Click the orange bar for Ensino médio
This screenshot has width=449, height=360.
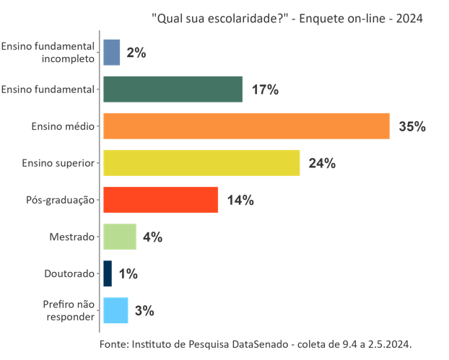tap(246, 126)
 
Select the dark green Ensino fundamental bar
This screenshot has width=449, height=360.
tap(173, 89)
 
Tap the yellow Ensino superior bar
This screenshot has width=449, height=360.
tap(201, 163)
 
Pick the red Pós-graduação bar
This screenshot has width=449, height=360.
tap(160, 200)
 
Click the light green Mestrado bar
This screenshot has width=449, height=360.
tap(120, 237)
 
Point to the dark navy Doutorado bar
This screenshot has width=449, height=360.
tap(108, 273)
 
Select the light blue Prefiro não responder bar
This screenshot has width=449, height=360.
tap(115, 310)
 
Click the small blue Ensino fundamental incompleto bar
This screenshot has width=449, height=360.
tap(111, 53)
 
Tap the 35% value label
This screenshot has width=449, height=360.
tap(412, 127)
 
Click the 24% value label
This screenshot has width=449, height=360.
tap(322, 164)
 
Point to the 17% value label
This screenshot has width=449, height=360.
tap(265, 90)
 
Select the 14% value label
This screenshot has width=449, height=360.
tap(240, 201)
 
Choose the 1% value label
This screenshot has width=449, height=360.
tap(128, 274)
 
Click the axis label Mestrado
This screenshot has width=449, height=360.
tap(72, 237)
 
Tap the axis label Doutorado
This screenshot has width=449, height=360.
tap(70, 273)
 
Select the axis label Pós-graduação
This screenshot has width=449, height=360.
tap(61, 200)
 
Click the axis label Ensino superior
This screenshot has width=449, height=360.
tap(58, 163)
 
